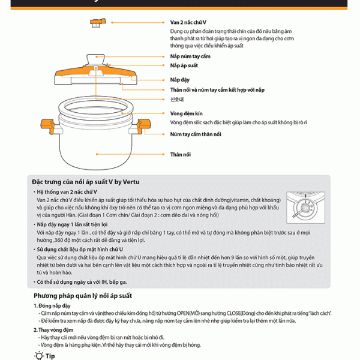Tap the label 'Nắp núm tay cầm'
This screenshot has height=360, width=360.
pyautogui.click(x=190, y=56)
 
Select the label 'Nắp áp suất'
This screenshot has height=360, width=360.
pyautogui.click(x=184, y=65)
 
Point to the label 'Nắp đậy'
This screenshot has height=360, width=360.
pyautogui.click(x=179, y=79)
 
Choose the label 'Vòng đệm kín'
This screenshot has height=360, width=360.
pyautogui.click(x=185, y=113)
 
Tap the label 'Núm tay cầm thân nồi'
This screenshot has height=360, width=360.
pyautogui.click(x=196, y=134)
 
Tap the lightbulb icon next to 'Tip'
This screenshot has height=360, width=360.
pyautogui.click(x=38, y=355)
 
